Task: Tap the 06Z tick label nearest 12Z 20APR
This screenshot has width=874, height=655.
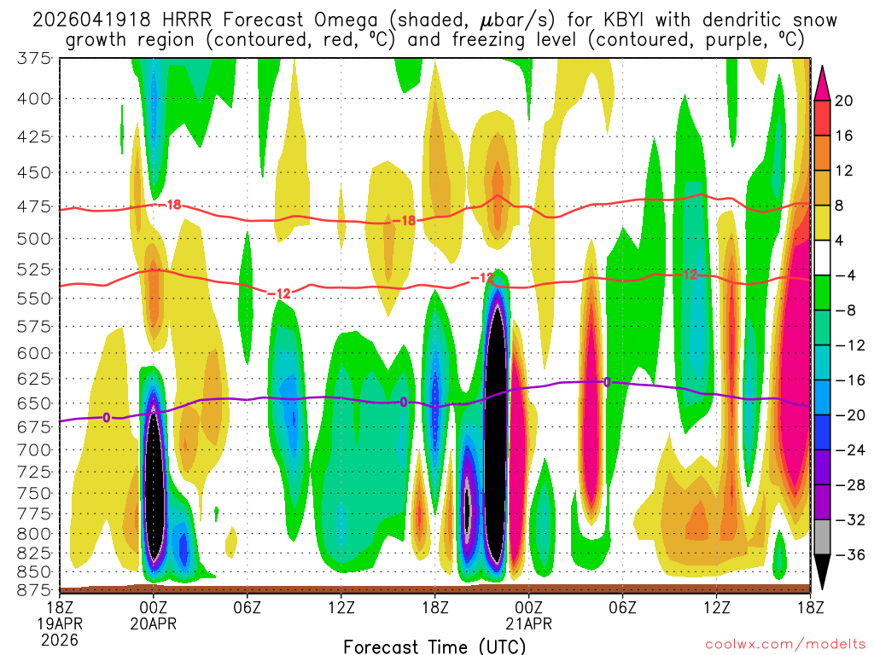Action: click(247, 607)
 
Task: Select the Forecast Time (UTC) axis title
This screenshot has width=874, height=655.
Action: click(435, 646)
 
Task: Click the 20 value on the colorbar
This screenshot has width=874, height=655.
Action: click(844, 101)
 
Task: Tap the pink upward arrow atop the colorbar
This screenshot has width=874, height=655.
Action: click(823, 82)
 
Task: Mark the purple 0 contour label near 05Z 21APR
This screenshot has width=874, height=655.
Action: click(607, 381)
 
